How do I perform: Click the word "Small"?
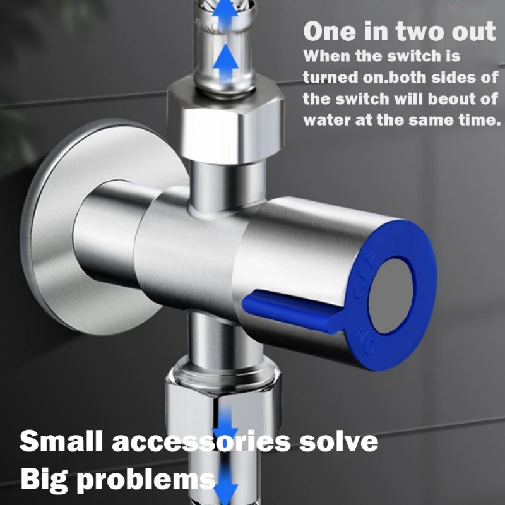point(61,441)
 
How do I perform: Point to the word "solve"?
point(338,441)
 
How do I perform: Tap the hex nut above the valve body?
point(225,122)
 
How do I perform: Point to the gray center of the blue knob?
point(391,296)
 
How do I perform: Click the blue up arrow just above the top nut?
point(226,62)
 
